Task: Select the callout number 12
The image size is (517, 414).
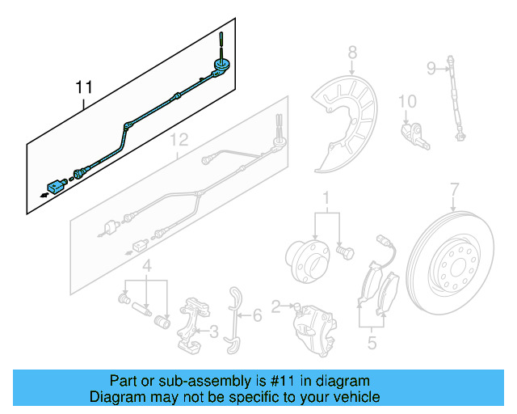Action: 179,140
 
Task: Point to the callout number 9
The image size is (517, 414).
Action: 431,66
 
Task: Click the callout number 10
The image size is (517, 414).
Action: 407,101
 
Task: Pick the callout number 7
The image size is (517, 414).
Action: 454,190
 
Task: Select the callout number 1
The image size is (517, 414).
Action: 326,197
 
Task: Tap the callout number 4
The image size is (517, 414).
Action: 147,266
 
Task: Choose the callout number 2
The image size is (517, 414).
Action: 276,306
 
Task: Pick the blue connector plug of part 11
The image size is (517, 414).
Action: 55,187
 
